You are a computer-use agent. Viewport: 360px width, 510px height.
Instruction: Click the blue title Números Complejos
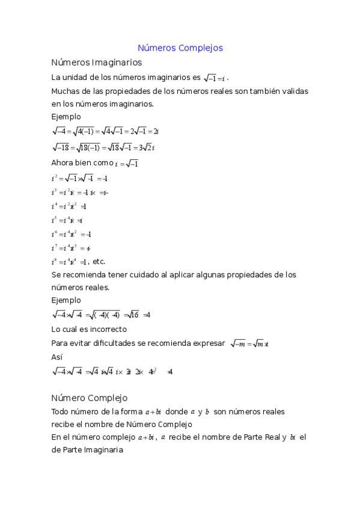(x=180, y=48)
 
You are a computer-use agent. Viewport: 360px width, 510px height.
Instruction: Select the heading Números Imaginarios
(x=97, y=62)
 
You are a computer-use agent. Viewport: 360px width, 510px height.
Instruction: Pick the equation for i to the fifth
(x=67, y=220)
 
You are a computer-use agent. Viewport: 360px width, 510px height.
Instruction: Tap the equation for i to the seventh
(x=71, y=248)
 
